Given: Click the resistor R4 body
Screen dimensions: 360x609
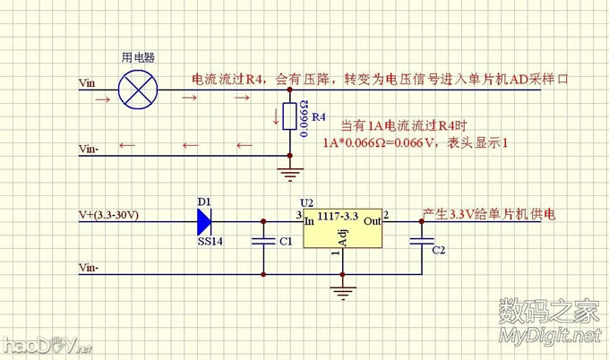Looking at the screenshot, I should pyautogui.click(x=288, y=116).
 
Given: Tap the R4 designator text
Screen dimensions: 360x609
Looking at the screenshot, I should pyautogui.click(x=320, y=117).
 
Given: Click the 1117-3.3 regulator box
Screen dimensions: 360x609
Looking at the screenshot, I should pyautogui.click(x=341, y=231).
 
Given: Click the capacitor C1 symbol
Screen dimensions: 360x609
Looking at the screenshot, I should pyautogui.click(x=263, y=240).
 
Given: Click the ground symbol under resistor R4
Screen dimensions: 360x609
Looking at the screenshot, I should pyautogui.click(x=288, y=175).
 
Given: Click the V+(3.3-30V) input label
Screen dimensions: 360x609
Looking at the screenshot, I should pyautogui.click(x=108, y=216).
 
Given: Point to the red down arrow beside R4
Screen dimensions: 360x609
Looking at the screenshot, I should pyautogui.click(x=277, y=116).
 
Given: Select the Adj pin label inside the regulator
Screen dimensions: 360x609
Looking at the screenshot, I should pyautogui.click(x=341, y=237).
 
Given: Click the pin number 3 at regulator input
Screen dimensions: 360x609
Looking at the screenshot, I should pyautogui.click(x=297, y=215).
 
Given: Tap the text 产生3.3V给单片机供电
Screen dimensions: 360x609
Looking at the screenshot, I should pyautogui.click(x=489, y=216).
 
